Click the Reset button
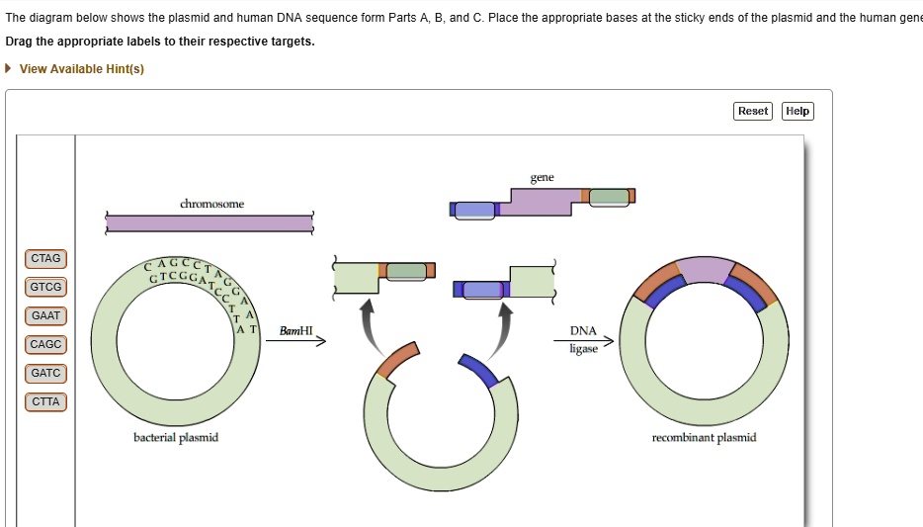click(x=753, y=111)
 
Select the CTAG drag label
click(x=45, y=259)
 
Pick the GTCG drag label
click(x=45, y=288)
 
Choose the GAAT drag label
click(x=45, y=316)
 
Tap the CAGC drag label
click(x=45, y=345)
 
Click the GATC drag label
click(x=45, y=374)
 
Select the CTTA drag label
click(x=45, y=402)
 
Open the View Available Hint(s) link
click(x=81, y=69)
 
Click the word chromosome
click(x=211, y=204)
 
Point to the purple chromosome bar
click(x=210, y=223)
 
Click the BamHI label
click(x=295, y=330)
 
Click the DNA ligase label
click(x=583, y=339)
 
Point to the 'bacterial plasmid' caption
click(x=176, y=437)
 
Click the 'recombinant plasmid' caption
click(x=704, y=437)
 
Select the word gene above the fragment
click(x=542, y=178)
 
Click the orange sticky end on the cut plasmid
click(x=399, y=360)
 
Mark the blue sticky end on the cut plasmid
click(x=479, y=370)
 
